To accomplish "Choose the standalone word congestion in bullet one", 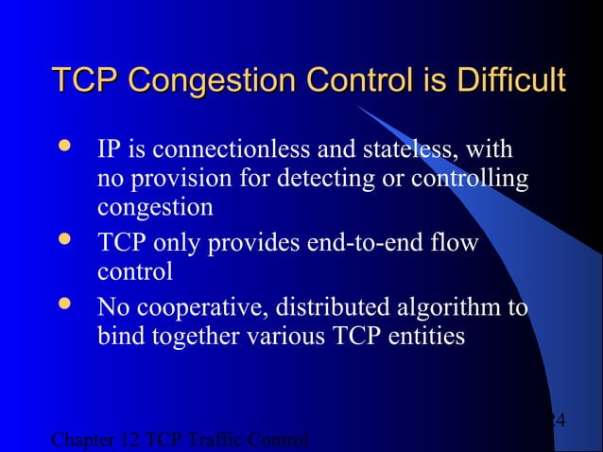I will pos(154,206).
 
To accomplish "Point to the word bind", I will pos(119,336).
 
